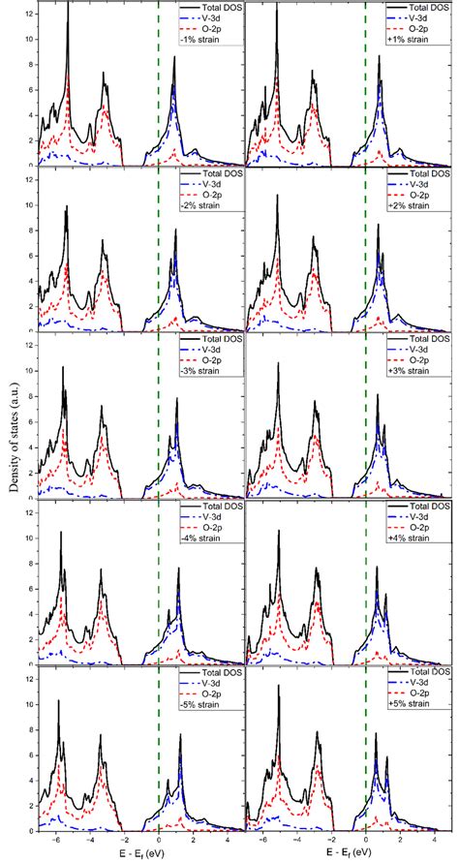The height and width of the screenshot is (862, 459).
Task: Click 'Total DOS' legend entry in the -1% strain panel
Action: [x=214, y=9]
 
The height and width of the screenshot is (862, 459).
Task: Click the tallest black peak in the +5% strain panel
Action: [x=277, y=686]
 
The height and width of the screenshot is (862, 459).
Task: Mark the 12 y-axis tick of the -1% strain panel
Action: [x=29, y=10]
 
